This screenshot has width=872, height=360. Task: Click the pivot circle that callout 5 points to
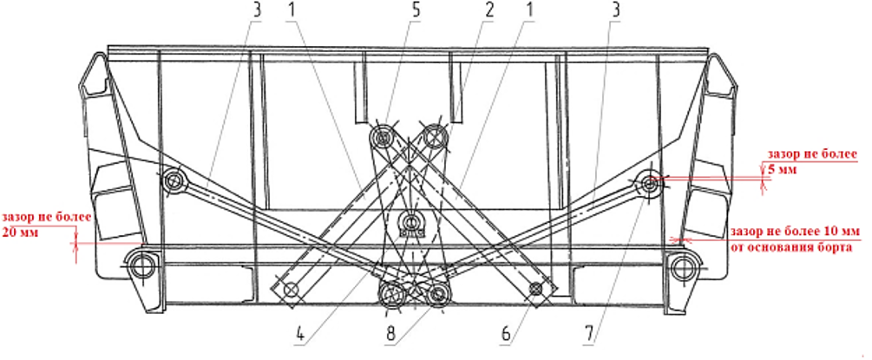(382, 136)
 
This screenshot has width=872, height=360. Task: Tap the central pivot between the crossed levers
(410, 219)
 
